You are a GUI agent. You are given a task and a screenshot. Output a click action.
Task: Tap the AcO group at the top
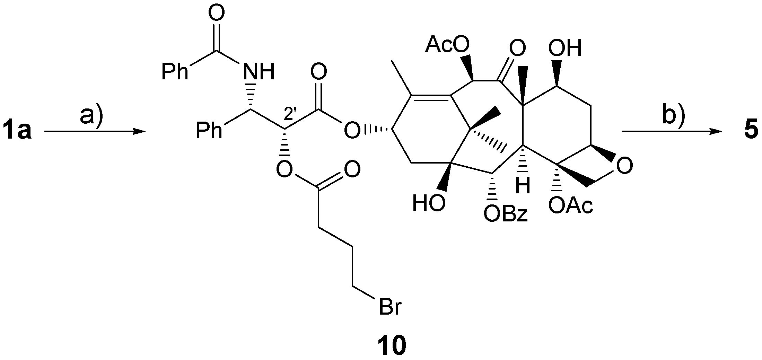447,45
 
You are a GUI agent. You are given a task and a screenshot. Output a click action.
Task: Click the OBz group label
506,214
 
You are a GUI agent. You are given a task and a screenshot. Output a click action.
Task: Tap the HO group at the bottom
429,203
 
